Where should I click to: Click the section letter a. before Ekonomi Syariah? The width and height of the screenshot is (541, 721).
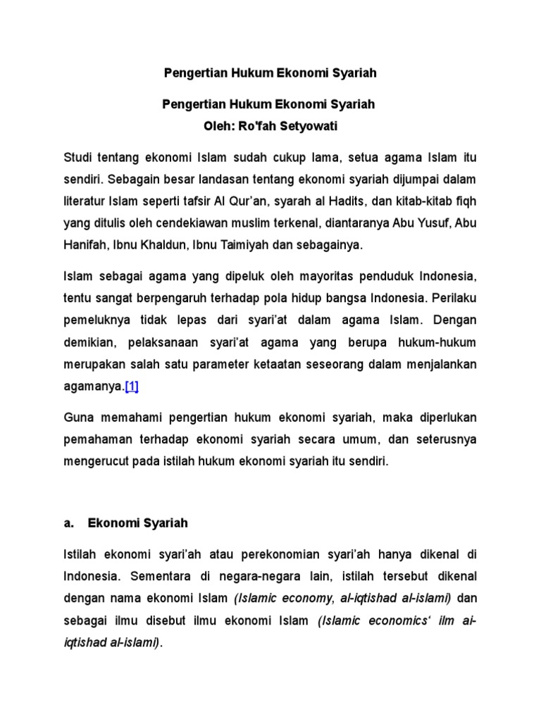tap(68, 523)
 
